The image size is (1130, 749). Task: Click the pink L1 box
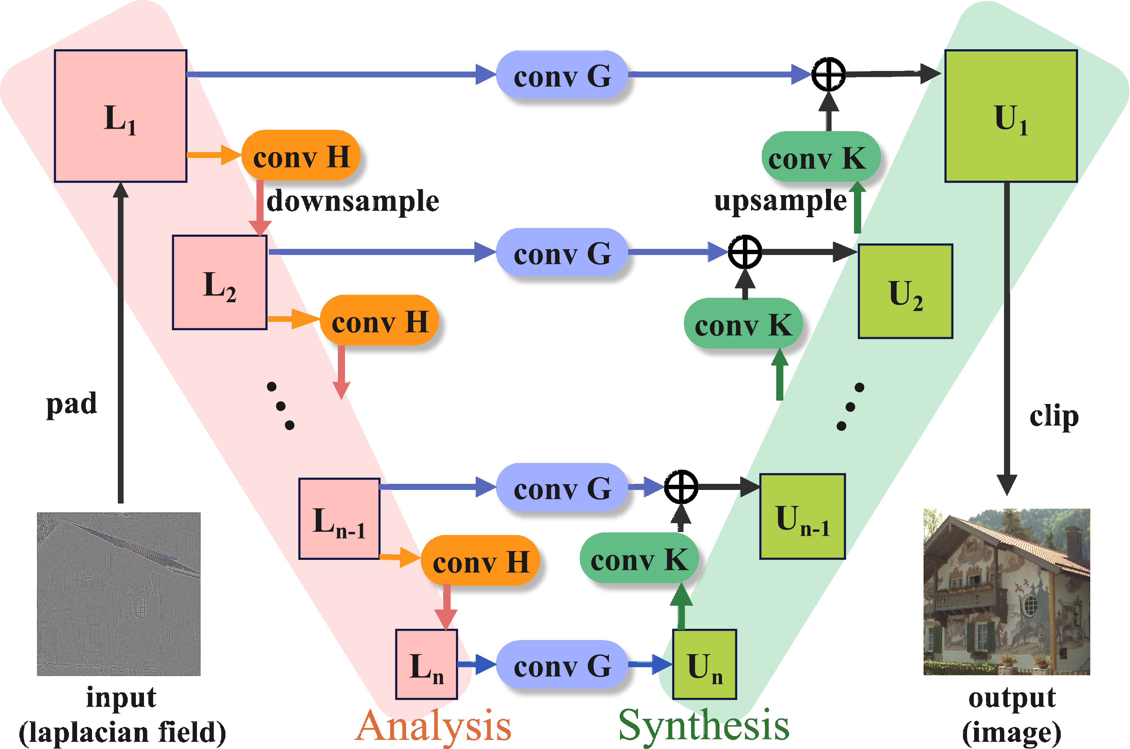(120, 116)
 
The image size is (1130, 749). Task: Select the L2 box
(220, 282)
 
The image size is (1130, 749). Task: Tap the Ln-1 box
(339, 519)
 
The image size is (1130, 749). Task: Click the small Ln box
(426, 664)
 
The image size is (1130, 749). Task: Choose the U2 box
(906, 291)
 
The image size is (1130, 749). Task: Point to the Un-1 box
(802, 516)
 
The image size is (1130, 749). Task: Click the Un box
(705, 664)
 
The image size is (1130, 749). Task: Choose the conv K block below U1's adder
(821, 157)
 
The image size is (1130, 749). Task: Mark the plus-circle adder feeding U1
(828, 74)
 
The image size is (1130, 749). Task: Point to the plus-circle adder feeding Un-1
(681, 487)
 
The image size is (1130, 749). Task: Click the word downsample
(352, 201)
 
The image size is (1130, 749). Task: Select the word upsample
(780, 201)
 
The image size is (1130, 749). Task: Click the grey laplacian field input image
(119, 594)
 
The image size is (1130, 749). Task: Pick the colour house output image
(1007, 592)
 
